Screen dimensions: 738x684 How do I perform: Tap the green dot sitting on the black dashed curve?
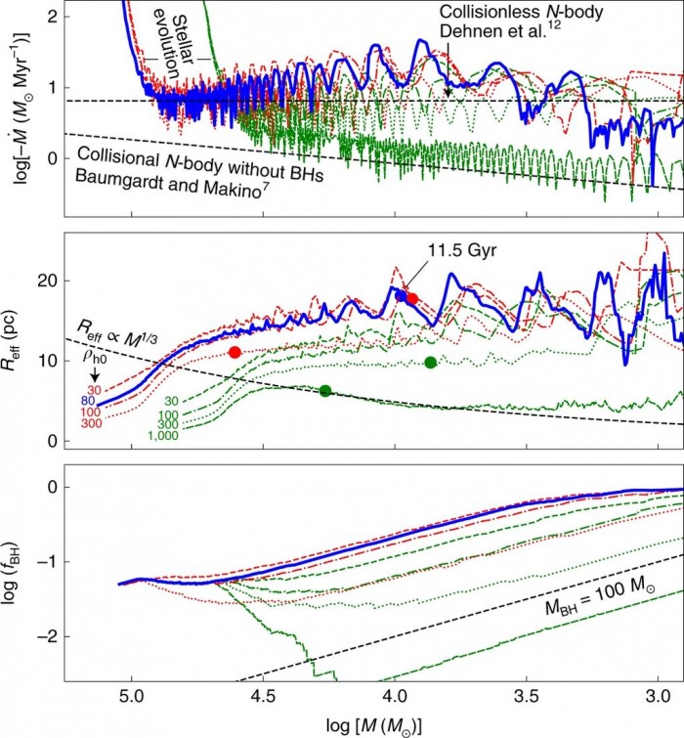tap(325, 391)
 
